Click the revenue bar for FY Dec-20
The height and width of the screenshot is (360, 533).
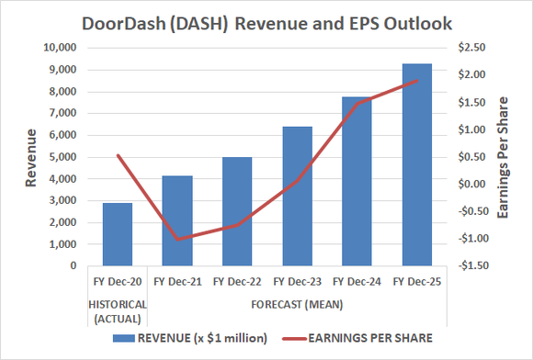117,234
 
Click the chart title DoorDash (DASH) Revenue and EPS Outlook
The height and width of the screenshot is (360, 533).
266,22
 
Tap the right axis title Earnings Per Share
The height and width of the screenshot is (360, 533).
503,156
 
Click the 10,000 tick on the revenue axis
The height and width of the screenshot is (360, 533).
59,48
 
